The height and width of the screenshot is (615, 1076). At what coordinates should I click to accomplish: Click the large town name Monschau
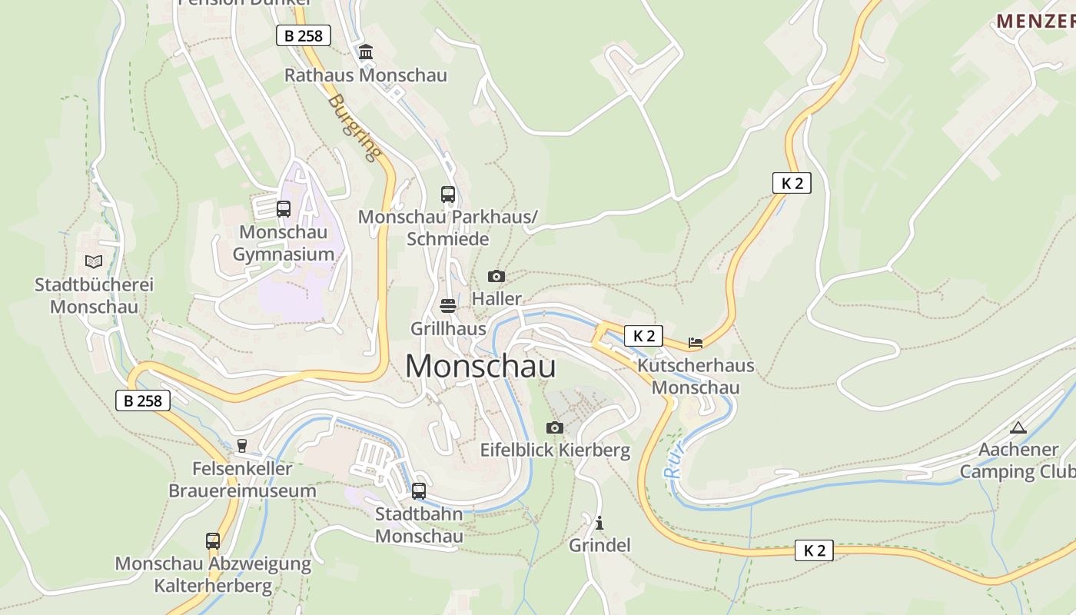(480, 367)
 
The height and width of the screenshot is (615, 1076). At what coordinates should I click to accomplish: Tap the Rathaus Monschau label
(365, 75)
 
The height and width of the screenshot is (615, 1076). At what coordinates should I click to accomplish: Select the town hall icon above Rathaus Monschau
(366, 52)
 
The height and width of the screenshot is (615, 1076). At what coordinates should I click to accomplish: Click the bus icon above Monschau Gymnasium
(283, 208)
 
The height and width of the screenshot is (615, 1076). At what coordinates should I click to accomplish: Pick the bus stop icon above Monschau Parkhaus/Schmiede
(447, 194)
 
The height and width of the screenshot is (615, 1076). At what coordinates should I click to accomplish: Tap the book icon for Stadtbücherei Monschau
(94, 261)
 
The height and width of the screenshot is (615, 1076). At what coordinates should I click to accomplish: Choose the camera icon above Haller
(496, 276)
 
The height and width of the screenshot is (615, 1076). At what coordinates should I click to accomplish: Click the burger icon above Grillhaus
(448, 306)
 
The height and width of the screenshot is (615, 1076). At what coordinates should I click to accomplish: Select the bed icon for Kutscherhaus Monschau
(696, 343)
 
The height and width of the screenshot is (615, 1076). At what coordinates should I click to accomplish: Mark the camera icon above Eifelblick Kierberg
(555, 427)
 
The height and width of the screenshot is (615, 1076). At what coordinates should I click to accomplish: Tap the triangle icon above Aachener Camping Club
(1018, 427)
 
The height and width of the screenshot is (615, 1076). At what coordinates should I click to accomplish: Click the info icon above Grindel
(599, 524)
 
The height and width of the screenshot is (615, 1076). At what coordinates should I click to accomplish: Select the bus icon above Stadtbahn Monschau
(419, 490)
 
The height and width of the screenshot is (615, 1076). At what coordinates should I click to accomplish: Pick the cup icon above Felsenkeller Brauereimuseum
(242, 446)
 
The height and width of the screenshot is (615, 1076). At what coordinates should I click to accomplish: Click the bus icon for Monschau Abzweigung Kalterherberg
(213, 541)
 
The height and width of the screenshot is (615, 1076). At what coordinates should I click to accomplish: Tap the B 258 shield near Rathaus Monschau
(303, 35)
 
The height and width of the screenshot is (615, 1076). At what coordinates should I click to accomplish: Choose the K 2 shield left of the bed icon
(643, 336)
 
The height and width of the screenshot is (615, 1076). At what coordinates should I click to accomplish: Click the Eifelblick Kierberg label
(555, 450)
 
